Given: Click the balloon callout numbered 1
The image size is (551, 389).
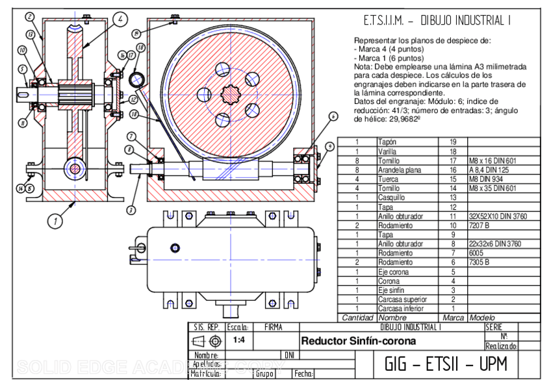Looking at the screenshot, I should [x=57, y=221].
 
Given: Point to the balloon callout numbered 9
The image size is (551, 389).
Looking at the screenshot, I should [x=330, y=147].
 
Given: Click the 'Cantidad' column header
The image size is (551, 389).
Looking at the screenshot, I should [x=357, y=318].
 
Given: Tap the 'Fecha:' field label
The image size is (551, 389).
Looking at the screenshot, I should [x=303, y=374].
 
